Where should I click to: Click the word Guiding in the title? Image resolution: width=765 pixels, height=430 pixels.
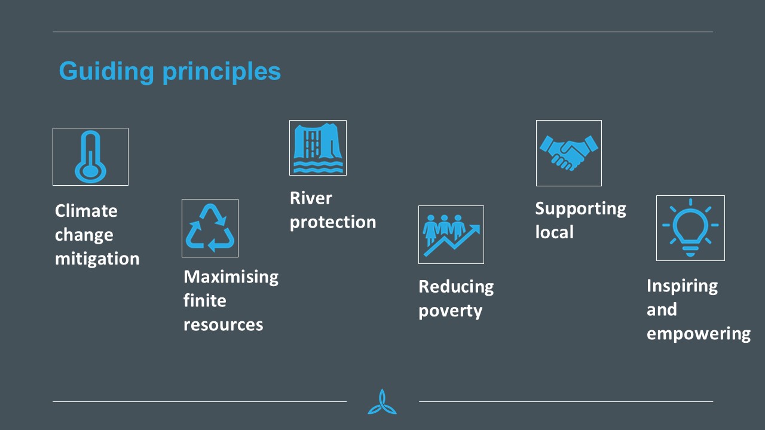click(106, 72)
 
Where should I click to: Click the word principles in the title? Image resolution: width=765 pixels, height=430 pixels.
click(222, 72)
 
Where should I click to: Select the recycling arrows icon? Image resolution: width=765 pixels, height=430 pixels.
click(210, 228)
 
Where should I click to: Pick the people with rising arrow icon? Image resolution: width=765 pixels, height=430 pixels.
click(451, 235)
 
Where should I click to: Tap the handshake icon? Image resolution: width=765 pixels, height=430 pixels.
click(569, 153)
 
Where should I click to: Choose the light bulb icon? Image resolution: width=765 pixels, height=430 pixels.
click(690, 228)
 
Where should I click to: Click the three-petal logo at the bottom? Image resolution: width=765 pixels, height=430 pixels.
click(382, 402)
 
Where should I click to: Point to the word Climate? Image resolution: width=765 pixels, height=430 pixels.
click(86, 211)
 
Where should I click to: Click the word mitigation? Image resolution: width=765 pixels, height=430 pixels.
click(97, 259)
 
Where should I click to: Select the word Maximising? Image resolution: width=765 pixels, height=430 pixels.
click(231, 277)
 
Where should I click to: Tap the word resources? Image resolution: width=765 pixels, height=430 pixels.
click(224, 324)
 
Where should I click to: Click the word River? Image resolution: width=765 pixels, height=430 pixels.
click(311, 198)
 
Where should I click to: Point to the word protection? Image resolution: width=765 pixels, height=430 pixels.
click(333, 223)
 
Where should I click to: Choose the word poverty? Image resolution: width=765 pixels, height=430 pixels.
click(451, 311)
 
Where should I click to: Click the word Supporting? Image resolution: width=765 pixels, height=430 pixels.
click(580, 209)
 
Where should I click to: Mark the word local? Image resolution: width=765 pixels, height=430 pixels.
click(554, 232)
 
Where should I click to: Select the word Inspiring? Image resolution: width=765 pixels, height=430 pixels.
click(682, 286)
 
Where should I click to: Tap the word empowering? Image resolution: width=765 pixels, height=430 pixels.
click(699, 334)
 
